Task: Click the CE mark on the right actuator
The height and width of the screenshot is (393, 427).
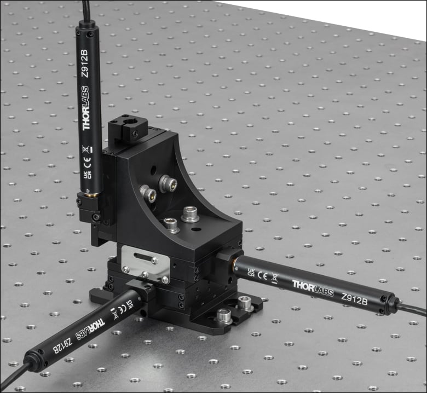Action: point(262,275)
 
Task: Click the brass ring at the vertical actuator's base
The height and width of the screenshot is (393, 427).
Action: point(90,194)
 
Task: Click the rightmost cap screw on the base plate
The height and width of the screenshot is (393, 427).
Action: point(245,301)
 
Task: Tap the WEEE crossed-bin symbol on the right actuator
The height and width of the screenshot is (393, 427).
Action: point(274,278)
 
